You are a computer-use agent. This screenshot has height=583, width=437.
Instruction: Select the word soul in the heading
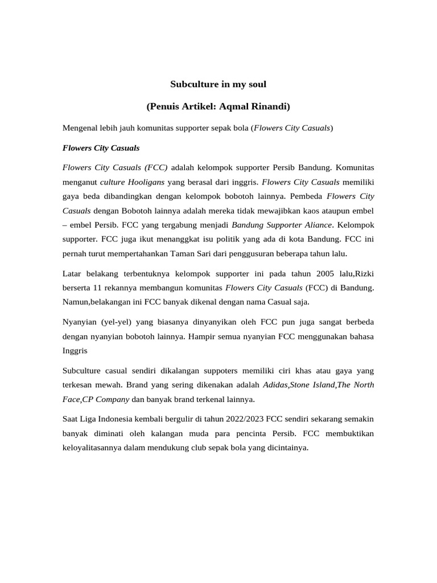[256, 84]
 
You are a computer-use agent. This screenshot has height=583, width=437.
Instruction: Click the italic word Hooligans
[145, 182]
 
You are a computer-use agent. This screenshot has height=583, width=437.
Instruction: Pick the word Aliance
[316, 224]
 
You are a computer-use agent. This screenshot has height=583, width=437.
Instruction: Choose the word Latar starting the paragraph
[73, 274]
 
